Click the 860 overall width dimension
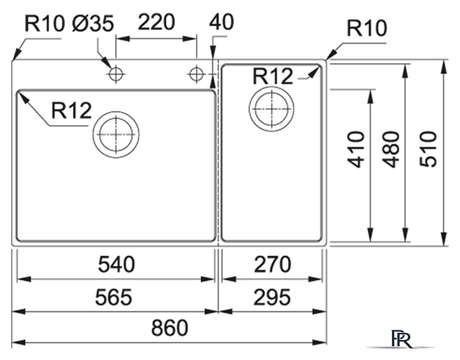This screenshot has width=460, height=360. coord(169,328)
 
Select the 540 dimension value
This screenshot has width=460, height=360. coord(117,264)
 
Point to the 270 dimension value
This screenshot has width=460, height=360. coord(272,264)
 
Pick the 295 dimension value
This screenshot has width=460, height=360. coord(272,296)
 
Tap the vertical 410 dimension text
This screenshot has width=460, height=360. coord(356,149)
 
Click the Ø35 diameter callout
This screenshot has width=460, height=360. coord(93,24)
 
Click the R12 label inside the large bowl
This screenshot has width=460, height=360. coord(71,111)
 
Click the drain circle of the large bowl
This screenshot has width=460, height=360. coord(116,134)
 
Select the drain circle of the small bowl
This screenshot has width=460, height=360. coord(271,109)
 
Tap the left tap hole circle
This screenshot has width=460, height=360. coord(116,73)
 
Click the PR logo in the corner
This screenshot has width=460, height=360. coord(405,340)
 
